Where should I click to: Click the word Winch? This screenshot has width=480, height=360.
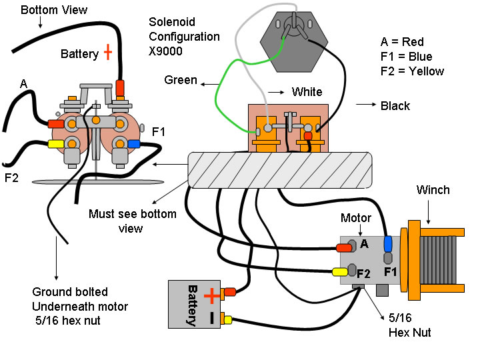(433, 190)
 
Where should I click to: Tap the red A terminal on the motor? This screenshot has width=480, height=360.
(344, 248)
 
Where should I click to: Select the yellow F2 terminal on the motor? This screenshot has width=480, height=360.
(340, 271)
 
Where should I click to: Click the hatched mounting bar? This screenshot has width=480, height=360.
(280, 169)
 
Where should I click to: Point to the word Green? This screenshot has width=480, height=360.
(181, 81)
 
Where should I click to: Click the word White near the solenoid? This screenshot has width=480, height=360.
(307, 92)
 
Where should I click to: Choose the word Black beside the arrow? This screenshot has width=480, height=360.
(395, 105)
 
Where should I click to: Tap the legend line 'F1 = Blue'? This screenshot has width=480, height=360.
(407, 56)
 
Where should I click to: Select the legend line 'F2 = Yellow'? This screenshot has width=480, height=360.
(412, 71)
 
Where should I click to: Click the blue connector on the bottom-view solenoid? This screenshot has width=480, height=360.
(135, 143)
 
